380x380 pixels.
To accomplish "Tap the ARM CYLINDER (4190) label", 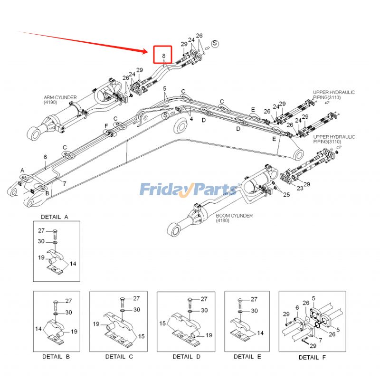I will point(60,100).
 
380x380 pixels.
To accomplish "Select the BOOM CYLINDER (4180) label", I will point(234,218).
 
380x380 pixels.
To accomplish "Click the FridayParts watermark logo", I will point(188,190).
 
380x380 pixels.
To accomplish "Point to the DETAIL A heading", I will point(55,217).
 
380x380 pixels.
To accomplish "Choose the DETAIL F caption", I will point(312,357).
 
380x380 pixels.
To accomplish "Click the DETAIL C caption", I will point(115,357).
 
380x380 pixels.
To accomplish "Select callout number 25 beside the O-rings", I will point(286,195).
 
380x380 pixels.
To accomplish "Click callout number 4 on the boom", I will point(191,119).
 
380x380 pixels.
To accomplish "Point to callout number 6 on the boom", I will point(45,156).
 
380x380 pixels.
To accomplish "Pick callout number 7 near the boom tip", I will point(65,183).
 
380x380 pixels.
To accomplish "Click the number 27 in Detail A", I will point(42,230).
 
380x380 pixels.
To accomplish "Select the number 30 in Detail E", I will point(254,311).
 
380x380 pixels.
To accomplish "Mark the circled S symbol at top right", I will point(215,43).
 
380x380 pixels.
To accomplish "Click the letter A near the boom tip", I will point(22,170).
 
